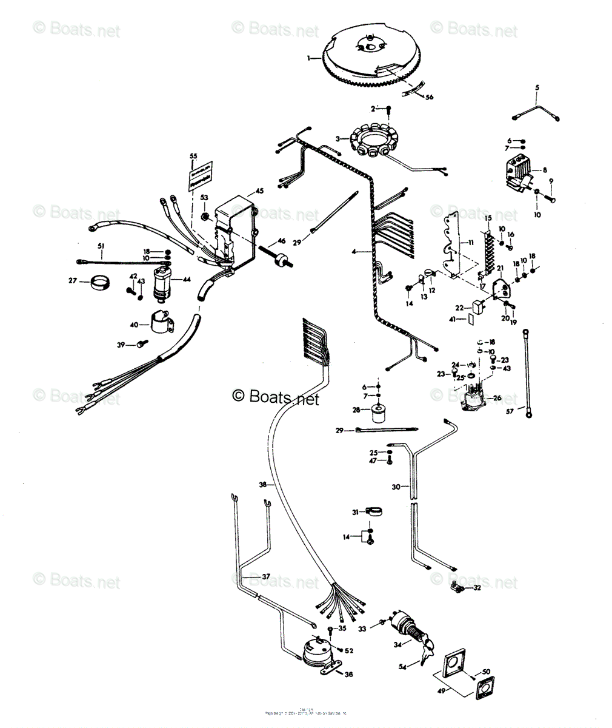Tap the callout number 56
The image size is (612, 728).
(430, 97)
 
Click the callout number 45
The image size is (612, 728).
(259, 191)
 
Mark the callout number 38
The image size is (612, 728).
(262, 485)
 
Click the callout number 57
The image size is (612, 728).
(510, 411)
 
